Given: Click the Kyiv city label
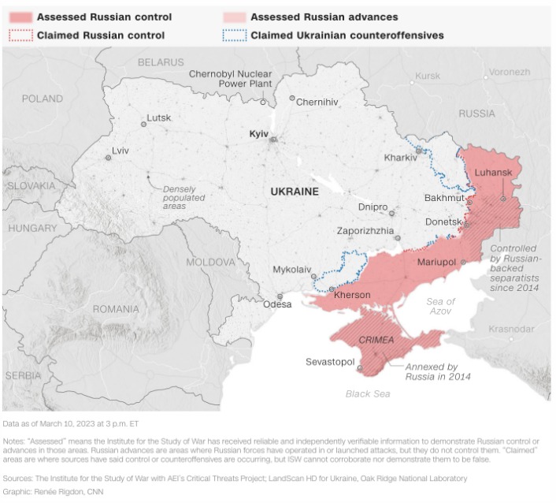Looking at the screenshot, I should [259, 135].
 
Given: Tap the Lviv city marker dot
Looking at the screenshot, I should [109, 158].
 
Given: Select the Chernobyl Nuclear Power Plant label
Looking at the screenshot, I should [230, 80].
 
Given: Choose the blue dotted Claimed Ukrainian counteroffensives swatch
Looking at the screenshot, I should [235, 35].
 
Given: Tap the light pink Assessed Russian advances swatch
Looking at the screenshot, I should [235, 17].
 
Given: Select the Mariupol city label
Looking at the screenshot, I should [439, 261].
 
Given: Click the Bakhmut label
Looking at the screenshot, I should [444, 198].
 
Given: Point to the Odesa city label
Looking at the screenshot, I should [277, 304].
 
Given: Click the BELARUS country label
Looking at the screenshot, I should [161, 62].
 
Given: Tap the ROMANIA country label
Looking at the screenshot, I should [116, 309].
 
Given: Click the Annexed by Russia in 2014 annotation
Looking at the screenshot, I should [438, 372].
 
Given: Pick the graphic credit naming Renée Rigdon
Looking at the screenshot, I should [53, 492].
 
